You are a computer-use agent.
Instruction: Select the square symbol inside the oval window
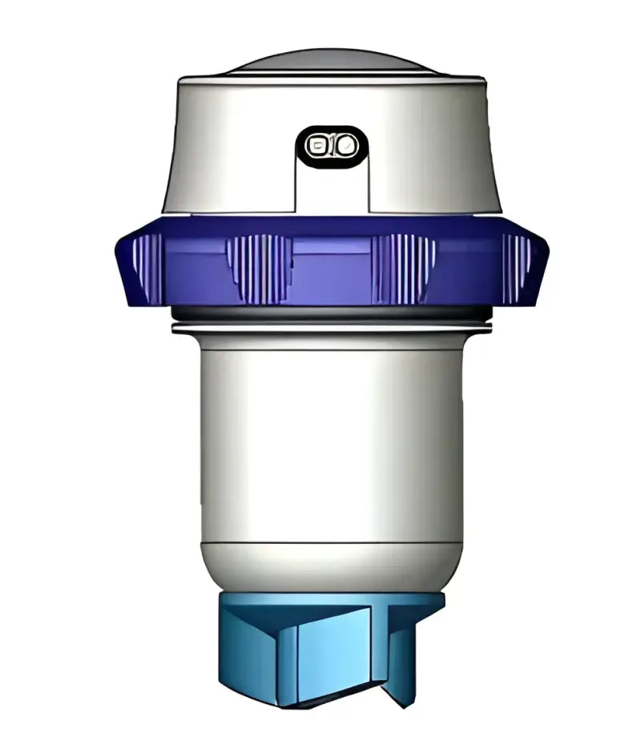[319, 146]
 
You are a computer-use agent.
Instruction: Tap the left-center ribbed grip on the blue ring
[256, 268]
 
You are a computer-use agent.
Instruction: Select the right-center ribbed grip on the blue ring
[404, 268]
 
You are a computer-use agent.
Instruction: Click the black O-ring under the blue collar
[330, 313]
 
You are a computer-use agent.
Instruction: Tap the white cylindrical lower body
[330, 441]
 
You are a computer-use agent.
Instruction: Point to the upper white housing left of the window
[232, 144]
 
